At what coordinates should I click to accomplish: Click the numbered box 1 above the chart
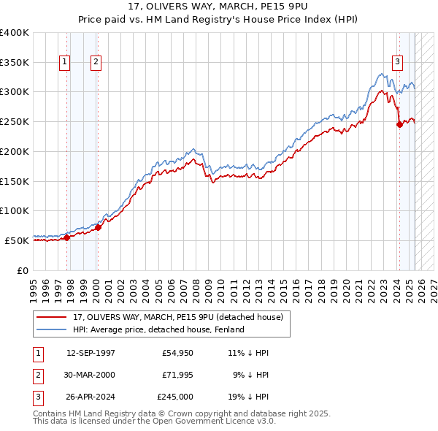pos(65,63)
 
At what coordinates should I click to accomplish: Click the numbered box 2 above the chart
pos(96,63)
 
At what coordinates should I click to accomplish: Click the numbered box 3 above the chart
pos(397,63)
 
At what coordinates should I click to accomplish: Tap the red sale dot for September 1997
pos(66,237)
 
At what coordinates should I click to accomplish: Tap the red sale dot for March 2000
pos(98,227)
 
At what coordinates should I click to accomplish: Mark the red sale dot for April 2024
pos(399,124)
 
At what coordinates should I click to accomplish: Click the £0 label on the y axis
pos(23,270)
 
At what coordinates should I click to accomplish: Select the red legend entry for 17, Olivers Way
pos(182,316)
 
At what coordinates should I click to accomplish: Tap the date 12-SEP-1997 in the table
pos(91,353)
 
